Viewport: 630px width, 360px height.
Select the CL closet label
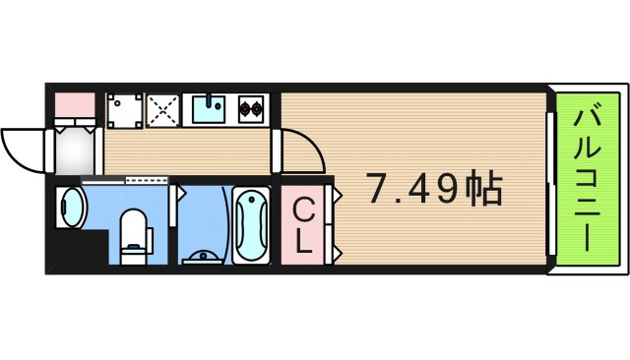(x=304, y=227)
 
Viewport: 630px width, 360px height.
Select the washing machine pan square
(x=123, y=111)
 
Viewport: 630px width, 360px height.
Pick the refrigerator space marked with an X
(x=161, y=110)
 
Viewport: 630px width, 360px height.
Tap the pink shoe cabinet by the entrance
(x=73, y=102)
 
